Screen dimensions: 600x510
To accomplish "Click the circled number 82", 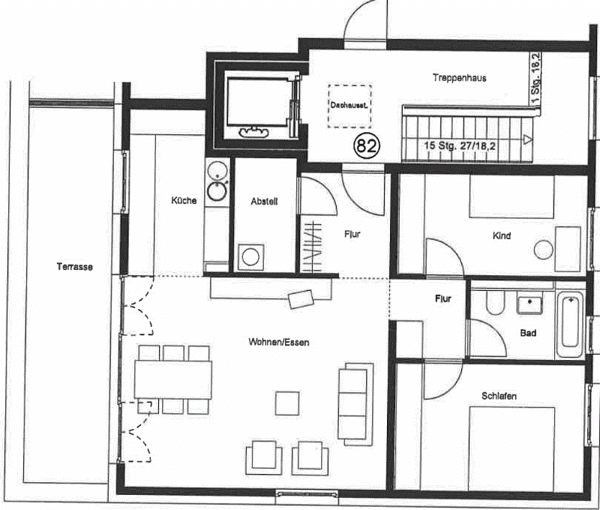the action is (367, 145).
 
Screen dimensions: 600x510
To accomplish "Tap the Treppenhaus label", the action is (460, 78).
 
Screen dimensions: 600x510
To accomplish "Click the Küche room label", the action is (184, 200).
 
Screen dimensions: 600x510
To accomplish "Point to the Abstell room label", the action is (264, 201).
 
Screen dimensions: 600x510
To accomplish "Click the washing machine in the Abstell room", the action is (250, 256).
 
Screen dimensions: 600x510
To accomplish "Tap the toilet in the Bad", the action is (495, 302).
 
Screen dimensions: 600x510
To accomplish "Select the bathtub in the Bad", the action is (570, 325).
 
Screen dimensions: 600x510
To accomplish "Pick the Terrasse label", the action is (74, 267).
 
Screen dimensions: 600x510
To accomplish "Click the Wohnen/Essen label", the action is (279, 342).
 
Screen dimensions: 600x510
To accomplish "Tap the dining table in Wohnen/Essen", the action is (173, 380).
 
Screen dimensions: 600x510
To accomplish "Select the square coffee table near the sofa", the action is (287, 403).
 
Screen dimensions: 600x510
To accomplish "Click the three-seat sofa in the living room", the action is (355, 404).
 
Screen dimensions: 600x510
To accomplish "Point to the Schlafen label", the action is (499, 396).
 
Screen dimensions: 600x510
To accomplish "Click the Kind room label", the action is (502, 235).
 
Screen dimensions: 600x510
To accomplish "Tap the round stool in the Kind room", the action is (543, 250).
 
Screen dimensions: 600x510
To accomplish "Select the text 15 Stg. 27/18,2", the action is (459, 145).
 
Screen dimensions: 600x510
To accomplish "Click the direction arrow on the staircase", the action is (528, 139).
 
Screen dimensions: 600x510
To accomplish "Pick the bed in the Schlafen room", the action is (512, 448).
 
